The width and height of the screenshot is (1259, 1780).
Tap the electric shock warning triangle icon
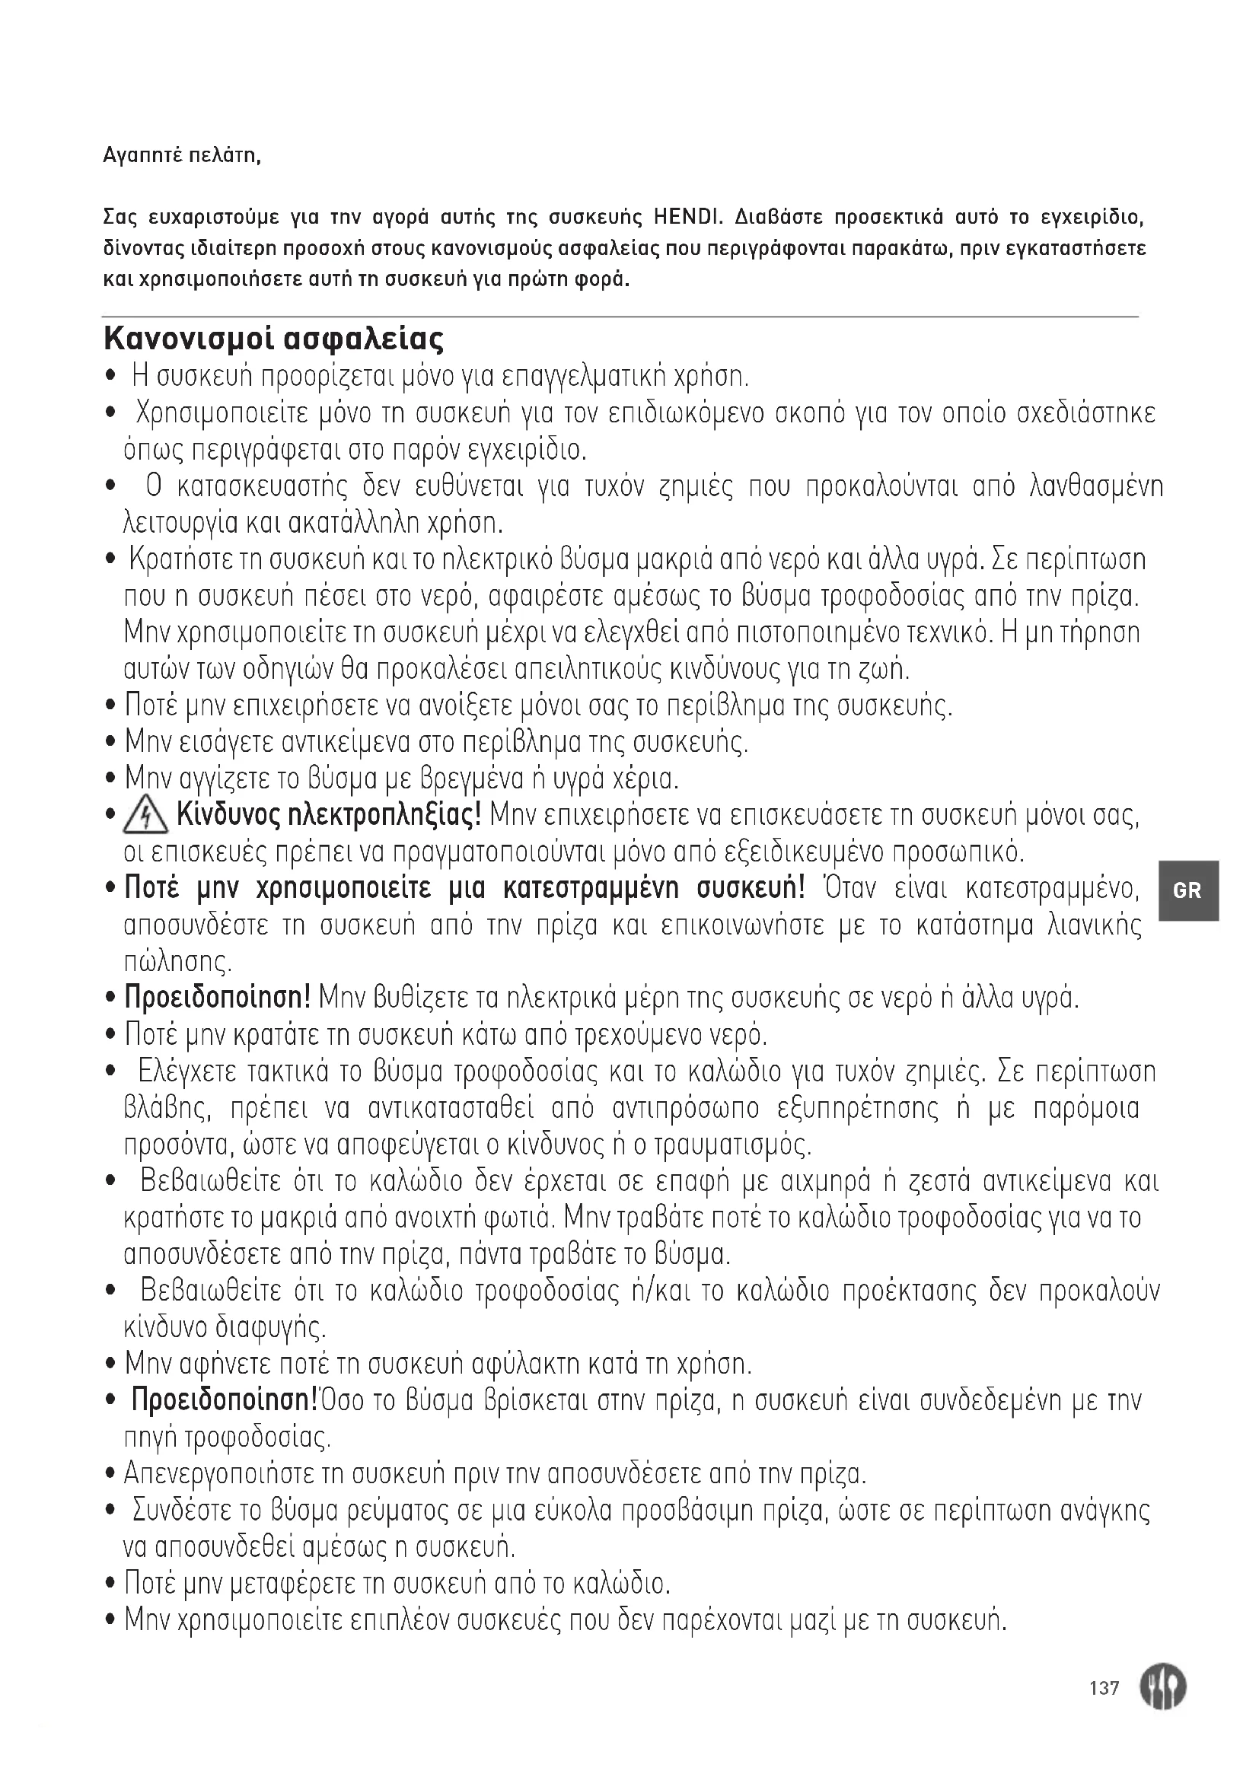pos(145,818)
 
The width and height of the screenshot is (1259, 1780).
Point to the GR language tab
pos(1187,890)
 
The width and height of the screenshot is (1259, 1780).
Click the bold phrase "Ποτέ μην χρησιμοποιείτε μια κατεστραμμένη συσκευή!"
pos(465,888)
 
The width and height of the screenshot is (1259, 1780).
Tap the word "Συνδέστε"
pos(182,1509)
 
